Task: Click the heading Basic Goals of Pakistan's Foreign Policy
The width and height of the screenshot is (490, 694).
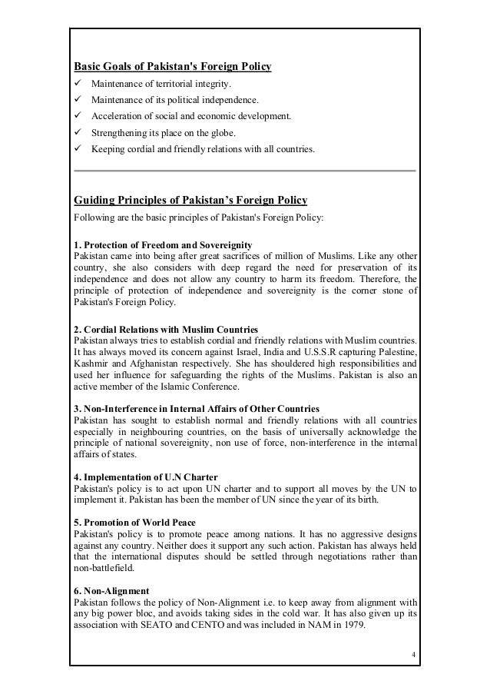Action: (x=172, y=66)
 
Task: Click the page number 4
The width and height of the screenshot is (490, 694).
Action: (x=413, y=655)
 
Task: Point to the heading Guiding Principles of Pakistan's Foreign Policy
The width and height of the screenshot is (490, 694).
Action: (x=190, y=201)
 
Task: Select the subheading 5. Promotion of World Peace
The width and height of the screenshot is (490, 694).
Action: (x=134, y=523)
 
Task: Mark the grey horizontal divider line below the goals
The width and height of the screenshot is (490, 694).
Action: (x=244, y=170)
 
